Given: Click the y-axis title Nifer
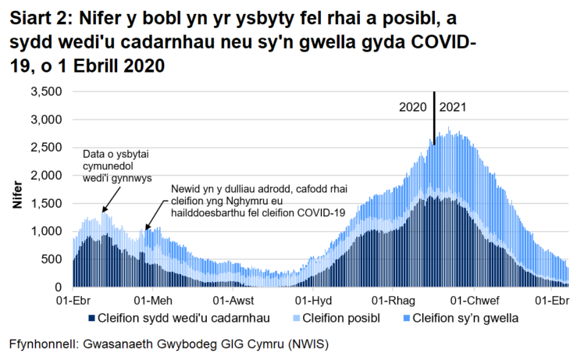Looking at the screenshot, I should pos(17,195).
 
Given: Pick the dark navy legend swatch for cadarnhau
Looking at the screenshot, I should pos(91,319).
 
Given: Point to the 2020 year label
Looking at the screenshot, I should pos(414,107).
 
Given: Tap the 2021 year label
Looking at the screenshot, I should pos(454,107).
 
